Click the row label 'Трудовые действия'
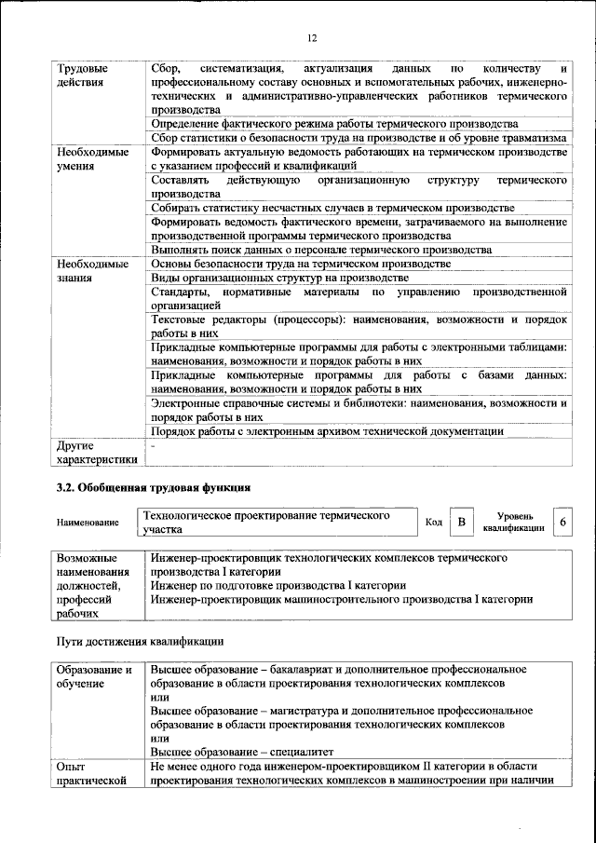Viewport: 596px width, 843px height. click(x=82, y=75)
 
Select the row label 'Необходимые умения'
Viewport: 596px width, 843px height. click(x=92, y=158)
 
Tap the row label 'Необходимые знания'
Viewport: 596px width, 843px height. click(x=92, y=271)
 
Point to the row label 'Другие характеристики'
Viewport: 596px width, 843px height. click(x=97, y=452)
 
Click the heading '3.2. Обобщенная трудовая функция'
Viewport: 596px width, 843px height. click(x=153, y=487)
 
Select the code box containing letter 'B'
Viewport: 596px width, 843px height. click(x=460, y=522)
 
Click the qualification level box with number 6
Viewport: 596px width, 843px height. click(x=562, y=522)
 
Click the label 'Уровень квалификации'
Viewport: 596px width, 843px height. click(x=515, y=522)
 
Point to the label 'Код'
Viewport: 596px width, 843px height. click(x=433, y=522)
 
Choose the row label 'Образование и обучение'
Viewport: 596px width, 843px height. click(x=94, y=676)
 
